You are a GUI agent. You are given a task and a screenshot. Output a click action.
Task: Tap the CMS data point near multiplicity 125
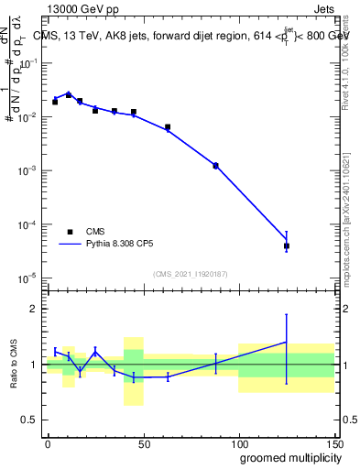(x=287, y=245)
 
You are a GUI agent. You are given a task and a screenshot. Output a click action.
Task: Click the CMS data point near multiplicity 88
(x=215, y=166)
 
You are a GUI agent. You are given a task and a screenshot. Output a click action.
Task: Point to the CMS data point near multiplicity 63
(x=168, y=127)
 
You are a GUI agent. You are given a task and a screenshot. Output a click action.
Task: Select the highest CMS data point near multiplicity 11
(x=69, y=94)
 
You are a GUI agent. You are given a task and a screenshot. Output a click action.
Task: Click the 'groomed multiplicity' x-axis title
(x=286, y=457)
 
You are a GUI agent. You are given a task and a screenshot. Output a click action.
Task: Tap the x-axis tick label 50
(x=143, y=443)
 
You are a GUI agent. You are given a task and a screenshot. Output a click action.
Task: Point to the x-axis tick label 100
(x=238, y=443)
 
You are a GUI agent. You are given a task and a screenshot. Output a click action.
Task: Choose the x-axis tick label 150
(x=333, y=443)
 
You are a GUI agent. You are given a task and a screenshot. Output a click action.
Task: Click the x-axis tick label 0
(x=48, y=443)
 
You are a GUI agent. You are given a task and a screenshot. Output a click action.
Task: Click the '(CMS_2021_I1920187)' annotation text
(x=191, y=273)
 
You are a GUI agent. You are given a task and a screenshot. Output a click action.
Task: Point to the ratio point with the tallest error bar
(x=287, y=342)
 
